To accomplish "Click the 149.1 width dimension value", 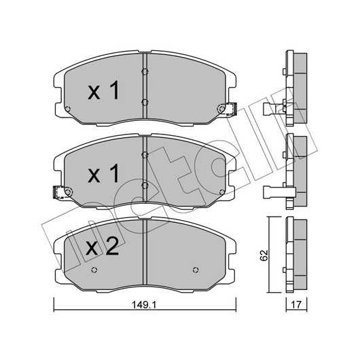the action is [x=144, y=305].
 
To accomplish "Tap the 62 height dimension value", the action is [x=264, y=255].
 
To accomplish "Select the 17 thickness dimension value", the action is [x=296, y=305].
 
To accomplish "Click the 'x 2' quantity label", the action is [x=102, y=247].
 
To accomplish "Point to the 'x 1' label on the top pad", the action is [x=103, y=90].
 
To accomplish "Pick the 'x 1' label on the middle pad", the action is [x=103, y=173].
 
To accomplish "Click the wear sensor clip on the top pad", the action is [x=232, y=109].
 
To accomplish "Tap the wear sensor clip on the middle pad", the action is [x=58, y=192].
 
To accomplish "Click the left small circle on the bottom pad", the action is [x=94, y=270].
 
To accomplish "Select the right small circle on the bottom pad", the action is [x=196, y=270].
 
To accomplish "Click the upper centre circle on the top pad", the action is [x=145, y=72].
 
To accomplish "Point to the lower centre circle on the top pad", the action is [x=145, y=103].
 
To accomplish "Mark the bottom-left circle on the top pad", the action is [x=68, y=109].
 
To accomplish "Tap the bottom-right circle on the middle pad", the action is [x=222, y=192].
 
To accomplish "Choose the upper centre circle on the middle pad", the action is [x=145, y=155].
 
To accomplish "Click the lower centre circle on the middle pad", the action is [x=145, y=185].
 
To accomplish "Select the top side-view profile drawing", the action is [x=285, y=88].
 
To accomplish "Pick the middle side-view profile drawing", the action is [x=285, y=171].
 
